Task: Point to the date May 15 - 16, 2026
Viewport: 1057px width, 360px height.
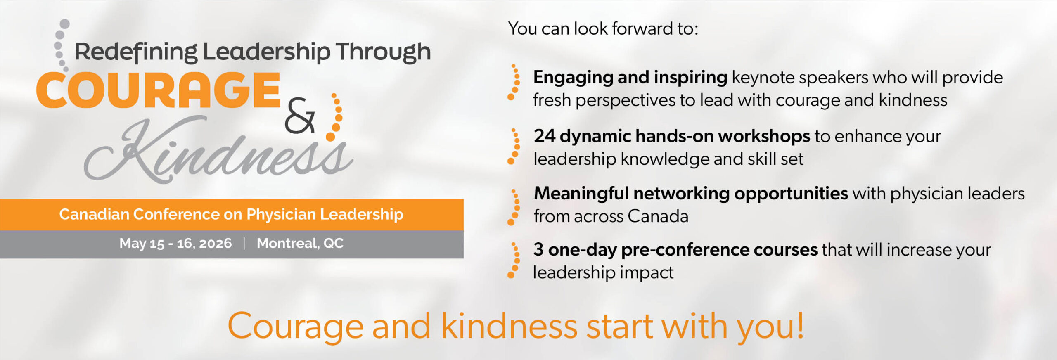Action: click(175, 244)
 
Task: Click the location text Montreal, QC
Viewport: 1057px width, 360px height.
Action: click(300, 244)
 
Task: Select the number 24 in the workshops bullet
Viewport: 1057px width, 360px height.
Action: click(544, 136)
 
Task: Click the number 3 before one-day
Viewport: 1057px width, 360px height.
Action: click(538, 250)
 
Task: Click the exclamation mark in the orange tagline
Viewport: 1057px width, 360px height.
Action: click(800, 325)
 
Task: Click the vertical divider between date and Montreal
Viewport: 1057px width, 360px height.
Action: click(244, 243)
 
